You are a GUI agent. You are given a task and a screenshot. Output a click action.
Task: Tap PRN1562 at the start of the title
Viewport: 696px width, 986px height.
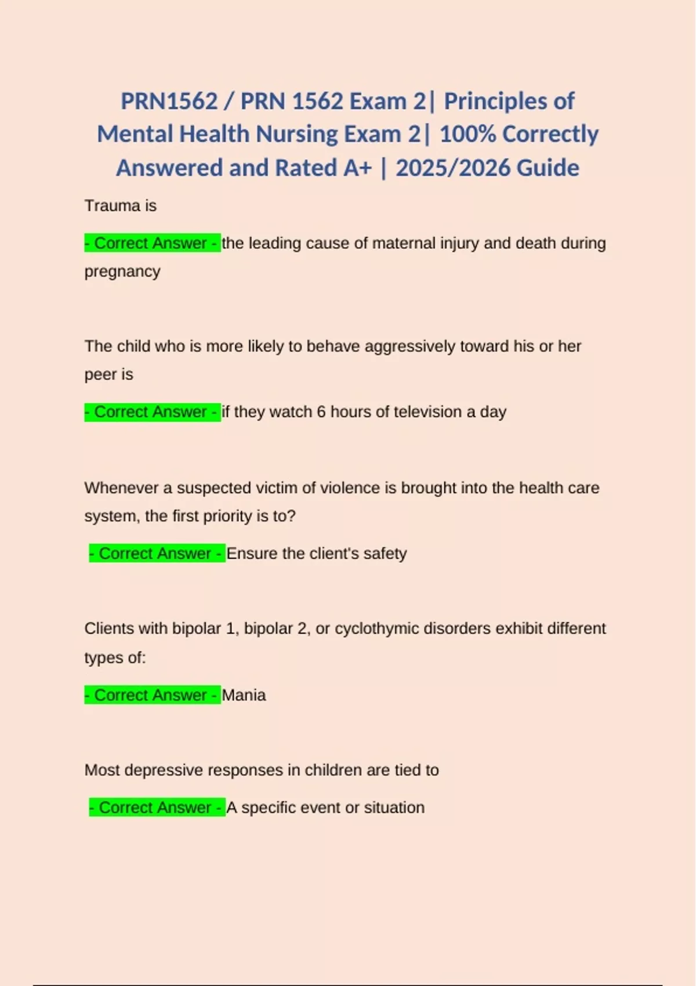(x=169, y=101)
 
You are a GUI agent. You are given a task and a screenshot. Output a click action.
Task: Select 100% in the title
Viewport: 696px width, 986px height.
(x=466, y=134)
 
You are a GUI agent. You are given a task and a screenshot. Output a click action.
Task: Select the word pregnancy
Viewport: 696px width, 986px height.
(x=122, y=271)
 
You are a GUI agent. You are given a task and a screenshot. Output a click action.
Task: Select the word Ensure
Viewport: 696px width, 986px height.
(x=252, y=553)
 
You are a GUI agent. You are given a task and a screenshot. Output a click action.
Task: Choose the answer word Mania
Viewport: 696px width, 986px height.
(x=244, y=695)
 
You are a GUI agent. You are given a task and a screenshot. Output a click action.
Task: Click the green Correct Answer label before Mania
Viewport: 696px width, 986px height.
(x=152, y=695)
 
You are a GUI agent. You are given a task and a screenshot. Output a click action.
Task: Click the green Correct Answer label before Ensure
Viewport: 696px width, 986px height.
(x=157, y=553)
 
